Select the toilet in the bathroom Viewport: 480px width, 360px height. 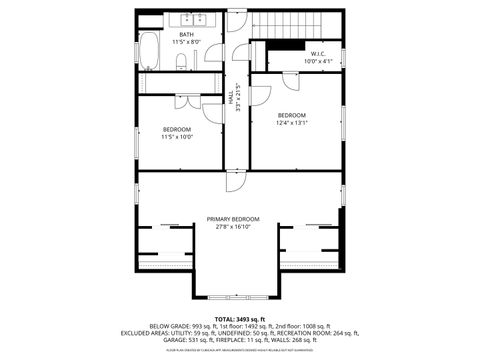[x=182, y=62]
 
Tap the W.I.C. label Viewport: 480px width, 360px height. [x=317, y=53]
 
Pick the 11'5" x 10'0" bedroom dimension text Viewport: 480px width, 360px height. [x=177, y=137]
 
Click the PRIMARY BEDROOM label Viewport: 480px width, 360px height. [x=233, y=219]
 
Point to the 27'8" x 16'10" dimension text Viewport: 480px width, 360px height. [x=233, y=227]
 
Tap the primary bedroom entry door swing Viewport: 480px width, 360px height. [x=233, y=181]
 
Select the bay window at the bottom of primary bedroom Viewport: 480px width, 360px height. [x=233, y=297]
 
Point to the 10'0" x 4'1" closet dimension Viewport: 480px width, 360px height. [x=317, y=61]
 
